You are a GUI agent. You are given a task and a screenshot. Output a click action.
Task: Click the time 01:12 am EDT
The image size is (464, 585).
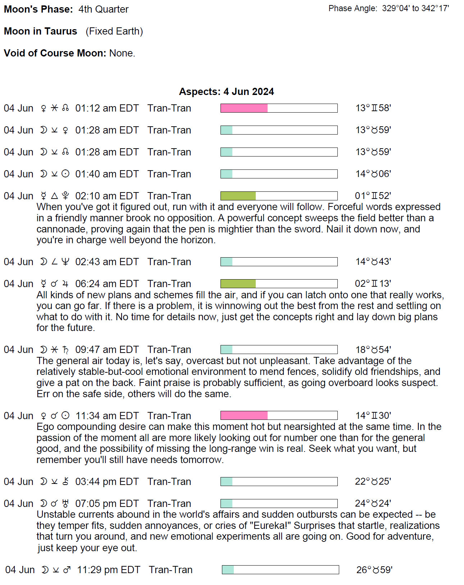107,108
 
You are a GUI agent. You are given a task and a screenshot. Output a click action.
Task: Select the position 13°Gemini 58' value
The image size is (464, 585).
373,108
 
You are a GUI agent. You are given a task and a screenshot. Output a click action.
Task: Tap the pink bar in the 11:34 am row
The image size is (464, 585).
244,416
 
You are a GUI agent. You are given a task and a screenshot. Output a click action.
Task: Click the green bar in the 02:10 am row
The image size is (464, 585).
238,196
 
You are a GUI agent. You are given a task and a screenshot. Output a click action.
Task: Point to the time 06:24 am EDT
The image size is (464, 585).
107,284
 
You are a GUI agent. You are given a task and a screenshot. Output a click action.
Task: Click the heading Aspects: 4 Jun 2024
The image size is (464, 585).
226,92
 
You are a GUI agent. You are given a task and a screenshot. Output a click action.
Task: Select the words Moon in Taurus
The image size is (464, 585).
41,31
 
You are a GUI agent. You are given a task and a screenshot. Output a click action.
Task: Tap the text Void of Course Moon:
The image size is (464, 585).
55,53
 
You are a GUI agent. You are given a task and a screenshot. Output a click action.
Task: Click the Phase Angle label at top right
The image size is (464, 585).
352,9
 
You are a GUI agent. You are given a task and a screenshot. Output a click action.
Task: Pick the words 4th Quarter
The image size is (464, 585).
103,9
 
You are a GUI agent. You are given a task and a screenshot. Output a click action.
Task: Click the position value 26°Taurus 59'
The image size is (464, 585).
374,570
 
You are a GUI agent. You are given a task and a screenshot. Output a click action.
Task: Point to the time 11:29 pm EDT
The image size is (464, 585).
108,570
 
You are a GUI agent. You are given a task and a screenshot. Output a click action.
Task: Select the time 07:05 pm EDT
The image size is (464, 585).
107,504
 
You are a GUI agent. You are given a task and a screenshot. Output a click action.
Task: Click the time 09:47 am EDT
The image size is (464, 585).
107,350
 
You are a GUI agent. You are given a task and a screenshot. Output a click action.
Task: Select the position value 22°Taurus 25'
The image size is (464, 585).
373,482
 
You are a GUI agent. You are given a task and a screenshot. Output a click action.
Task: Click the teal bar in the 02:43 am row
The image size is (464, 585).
227,262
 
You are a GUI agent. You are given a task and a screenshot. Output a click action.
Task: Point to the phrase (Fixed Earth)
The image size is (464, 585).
114,31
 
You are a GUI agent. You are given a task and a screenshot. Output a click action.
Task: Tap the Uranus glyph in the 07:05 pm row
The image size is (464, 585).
65,503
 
